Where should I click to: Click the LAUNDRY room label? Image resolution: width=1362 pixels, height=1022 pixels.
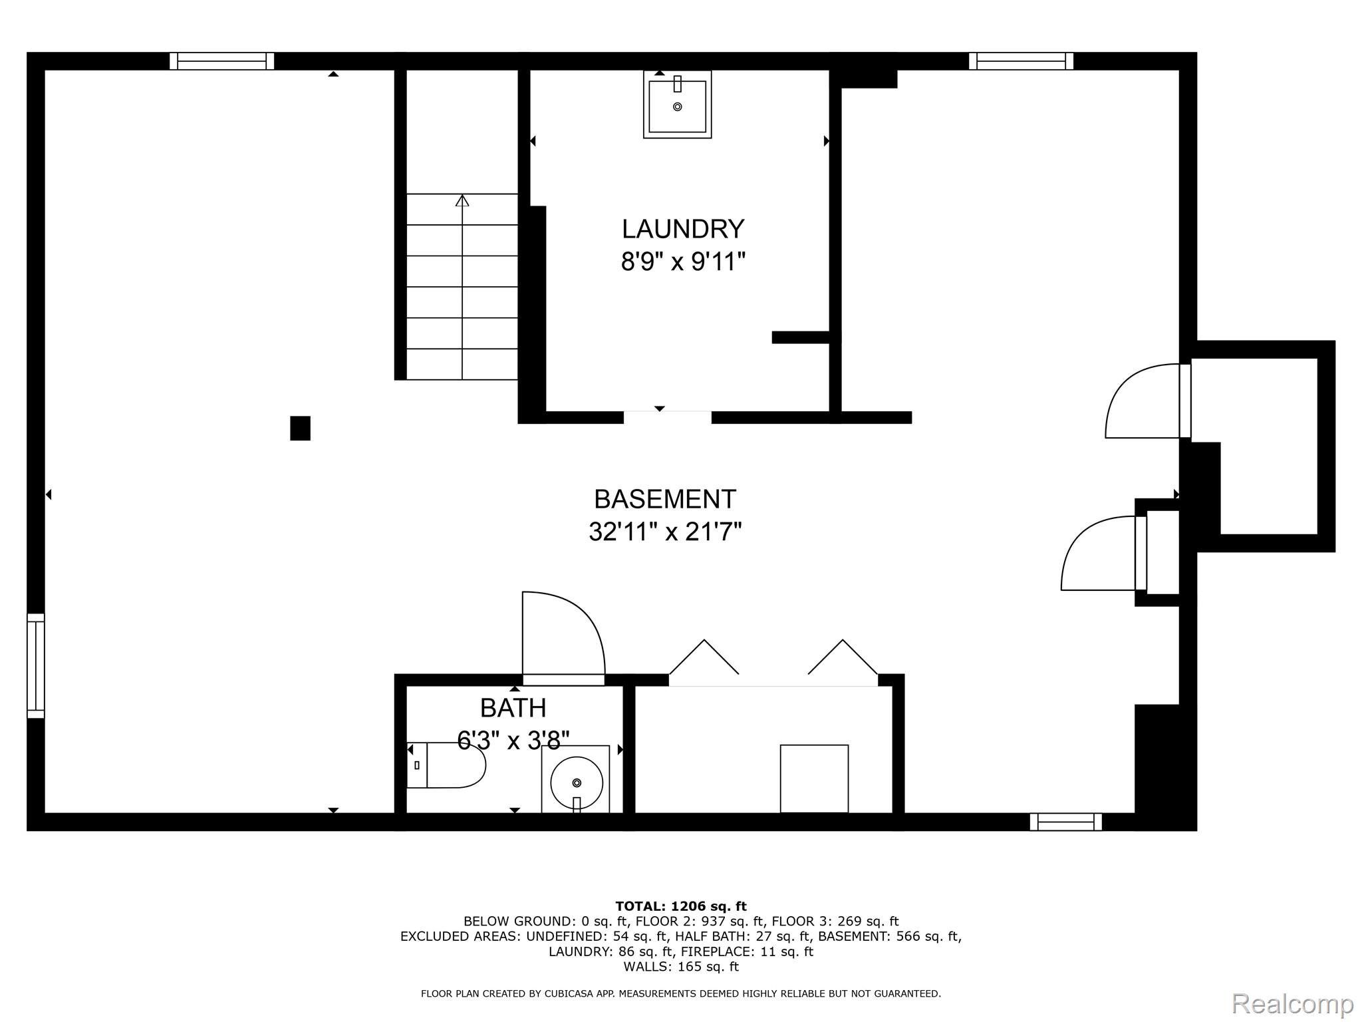[x=682, y=229]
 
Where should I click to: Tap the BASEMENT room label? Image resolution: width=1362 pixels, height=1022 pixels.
[x=665, y=499]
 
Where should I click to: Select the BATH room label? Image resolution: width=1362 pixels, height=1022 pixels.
[x=513, y=708]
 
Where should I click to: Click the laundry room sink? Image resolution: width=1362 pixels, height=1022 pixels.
[x=677, y=104]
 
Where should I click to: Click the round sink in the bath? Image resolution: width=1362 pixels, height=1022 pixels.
[x=576, y=779]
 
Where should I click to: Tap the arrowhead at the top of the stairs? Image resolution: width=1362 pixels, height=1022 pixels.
[x=462, y=200]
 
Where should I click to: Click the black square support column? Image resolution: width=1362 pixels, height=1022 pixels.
[x=300, y=428]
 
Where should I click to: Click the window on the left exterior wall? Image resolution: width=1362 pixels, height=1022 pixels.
[x=36, y=666]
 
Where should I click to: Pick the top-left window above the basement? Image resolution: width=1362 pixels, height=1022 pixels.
[x=222, y=61]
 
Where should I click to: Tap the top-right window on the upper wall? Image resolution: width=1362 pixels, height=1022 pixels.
[x=1021, y=61]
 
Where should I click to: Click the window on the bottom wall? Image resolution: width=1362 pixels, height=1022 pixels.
[x=1066, y=822]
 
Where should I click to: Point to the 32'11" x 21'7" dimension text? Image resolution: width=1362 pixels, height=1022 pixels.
[x=665, y=532]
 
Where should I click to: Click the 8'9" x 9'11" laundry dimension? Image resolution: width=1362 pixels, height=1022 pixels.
[x=683, y=261]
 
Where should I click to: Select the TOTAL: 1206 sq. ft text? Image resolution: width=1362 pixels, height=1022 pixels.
[x=681, y=906]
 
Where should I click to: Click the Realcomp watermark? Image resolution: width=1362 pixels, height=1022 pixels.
[x=1293, y=1003]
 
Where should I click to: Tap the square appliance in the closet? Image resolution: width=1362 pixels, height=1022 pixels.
[x=814, y=778]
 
